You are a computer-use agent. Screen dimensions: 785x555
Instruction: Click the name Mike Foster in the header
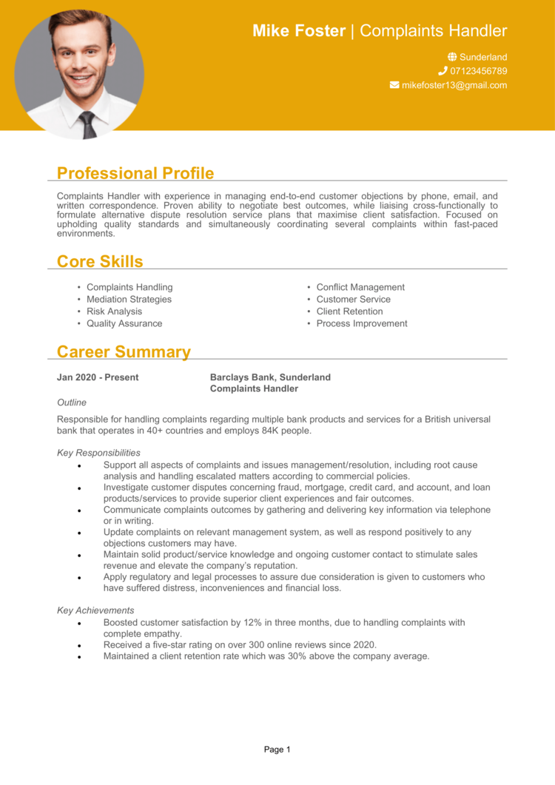(x=299, y=31)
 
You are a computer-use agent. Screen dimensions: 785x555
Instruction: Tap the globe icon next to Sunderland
(x=452, y=57)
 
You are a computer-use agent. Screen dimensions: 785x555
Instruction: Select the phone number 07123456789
(x=478, y=71)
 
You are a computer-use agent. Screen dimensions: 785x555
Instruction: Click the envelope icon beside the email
(x=394, y=85)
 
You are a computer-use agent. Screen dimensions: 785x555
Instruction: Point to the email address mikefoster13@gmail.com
(x=454, y=85)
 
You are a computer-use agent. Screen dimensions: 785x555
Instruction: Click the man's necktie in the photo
(x=89, y=124)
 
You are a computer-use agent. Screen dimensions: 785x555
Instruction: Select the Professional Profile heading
(x=135, y=173)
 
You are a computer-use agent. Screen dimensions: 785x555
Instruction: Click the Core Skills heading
(x=100, y=261)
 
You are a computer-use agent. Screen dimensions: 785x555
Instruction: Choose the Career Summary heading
(x=124, y=352)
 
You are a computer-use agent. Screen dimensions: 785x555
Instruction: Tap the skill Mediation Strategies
(x=129, y=299)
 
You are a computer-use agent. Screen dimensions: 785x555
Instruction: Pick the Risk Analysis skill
(x=114, y=311)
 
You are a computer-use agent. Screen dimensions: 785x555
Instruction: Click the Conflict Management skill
(x=360, y=287)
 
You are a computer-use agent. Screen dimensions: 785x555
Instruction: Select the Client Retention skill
(x=349, y=311)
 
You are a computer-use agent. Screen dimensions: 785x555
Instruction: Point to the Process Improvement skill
(x=362, y=323)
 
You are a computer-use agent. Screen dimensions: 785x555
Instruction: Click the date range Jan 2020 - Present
(x=98, y=377)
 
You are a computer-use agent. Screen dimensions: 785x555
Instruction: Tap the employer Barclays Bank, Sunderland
(x=270, y=377)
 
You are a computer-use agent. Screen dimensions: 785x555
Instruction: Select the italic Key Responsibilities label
(x=98, y=453)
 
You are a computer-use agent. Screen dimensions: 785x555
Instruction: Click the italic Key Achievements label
(x=95, y=610)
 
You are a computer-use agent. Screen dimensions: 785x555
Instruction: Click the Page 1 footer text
(x=277, y=749)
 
